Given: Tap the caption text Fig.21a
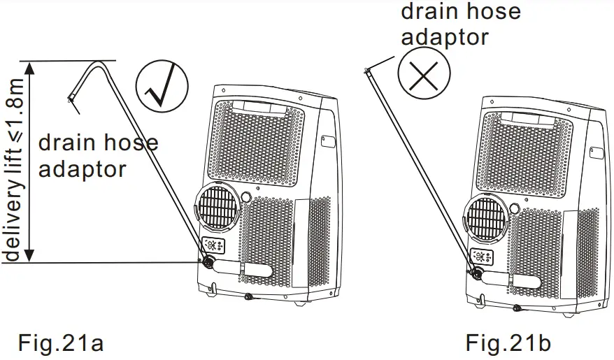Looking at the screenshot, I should tap(62, 343).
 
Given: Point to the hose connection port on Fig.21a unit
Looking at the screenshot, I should tap(207, 262).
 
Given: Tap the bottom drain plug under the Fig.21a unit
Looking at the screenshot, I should tap(248, 297).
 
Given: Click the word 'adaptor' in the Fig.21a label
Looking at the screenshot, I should tap(82, 168).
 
